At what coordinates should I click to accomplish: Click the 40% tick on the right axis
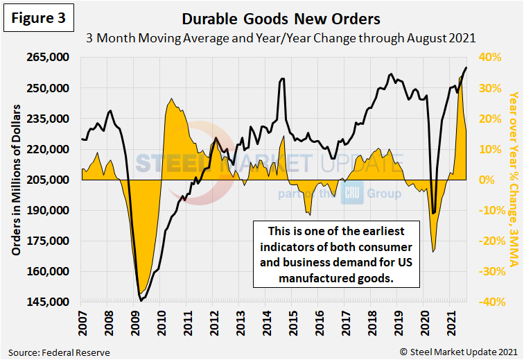click(484, 58)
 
